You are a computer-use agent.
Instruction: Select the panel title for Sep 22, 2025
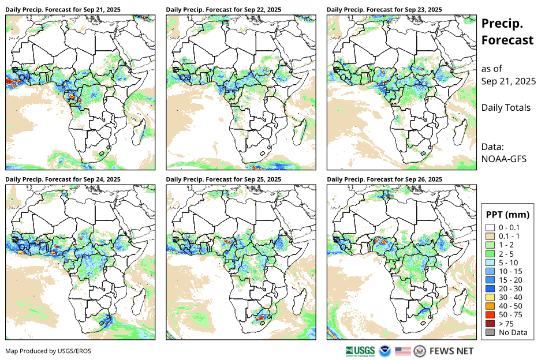223,10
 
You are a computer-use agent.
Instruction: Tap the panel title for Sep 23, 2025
384,10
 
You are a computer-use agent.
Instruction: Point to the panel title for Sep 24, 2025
63,179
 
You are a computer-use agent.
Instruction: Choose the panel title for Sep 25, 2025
223,179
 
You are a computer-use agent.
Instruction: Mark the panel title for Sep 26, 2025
384,179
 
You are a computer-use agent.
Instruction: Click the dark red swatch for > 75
490,324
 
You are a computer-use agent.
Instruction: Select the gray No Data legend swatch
490,332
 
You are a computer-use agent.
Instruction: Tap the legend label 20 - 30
512,288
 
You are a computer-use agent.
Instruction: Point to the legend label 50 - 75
512,315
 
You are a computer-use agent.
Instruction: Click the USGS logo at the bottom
360,351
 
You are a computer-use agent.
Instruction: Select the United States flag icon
403,351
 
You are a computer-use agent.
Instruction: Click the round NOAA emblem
385,351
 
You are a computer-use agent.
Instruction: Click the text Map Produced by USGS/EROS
48,351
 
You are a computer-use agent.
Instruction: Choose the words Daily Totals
506,107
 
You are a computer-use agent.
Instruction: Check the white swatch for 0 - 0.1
490,227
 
